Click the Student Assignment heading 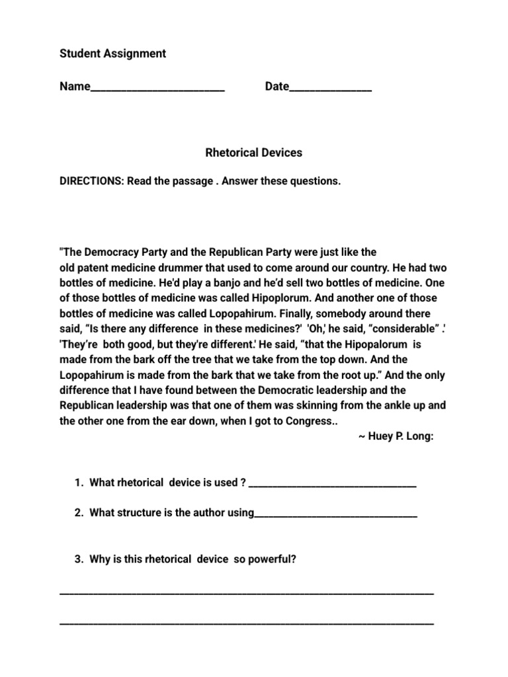click(112, 54)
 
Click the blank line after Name click(157, 89)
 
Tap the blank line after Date click(330, 89)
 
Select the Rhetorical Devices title click(254, 153)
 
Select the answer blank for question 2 click(335, 516)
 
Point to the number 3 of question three click(78, 559)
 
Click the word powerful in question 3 click(271, 559)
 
